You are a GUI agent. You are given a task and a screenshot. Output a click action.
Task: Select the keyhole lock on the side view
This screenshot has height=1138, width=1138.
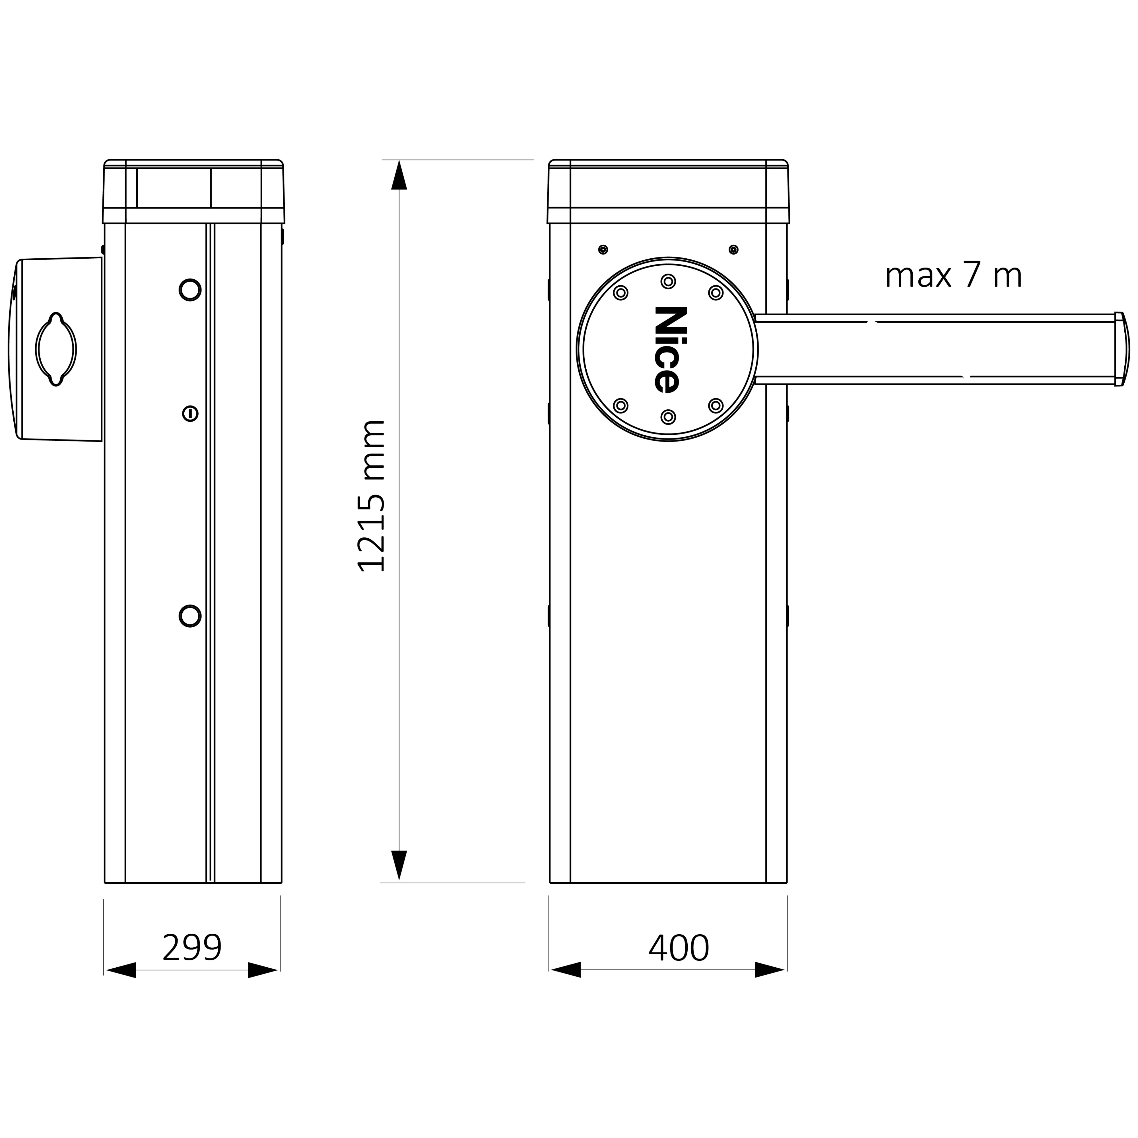(x=190, y=413)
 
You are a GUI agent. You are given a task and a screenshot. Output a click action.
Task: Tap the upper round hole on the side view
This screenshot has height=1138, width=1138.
(x=190, y=290)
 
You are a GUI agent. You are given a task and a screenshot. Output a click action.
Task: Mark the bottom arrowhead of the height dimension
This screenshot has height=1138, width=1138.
(x=399, y=865)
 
